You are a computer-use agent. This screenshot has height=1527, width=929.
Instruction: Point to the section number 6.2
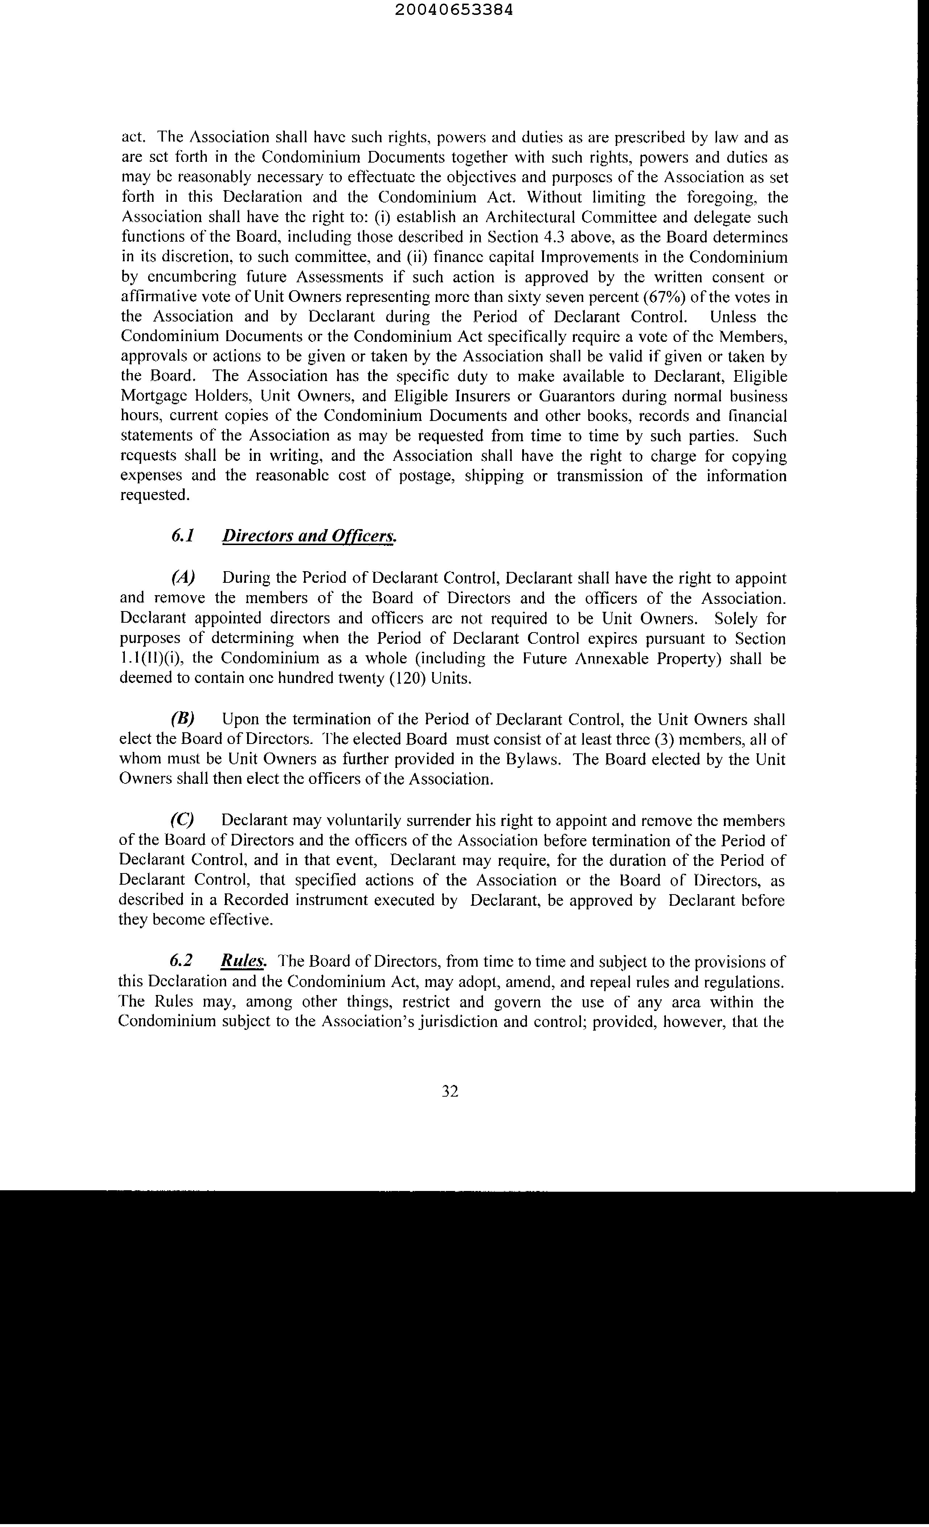pyautogui.click(x=181, y=961)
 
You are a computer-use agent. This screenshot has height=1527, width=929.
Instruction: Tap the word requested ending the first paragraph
pyautogui.click(x=152, y=495)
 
